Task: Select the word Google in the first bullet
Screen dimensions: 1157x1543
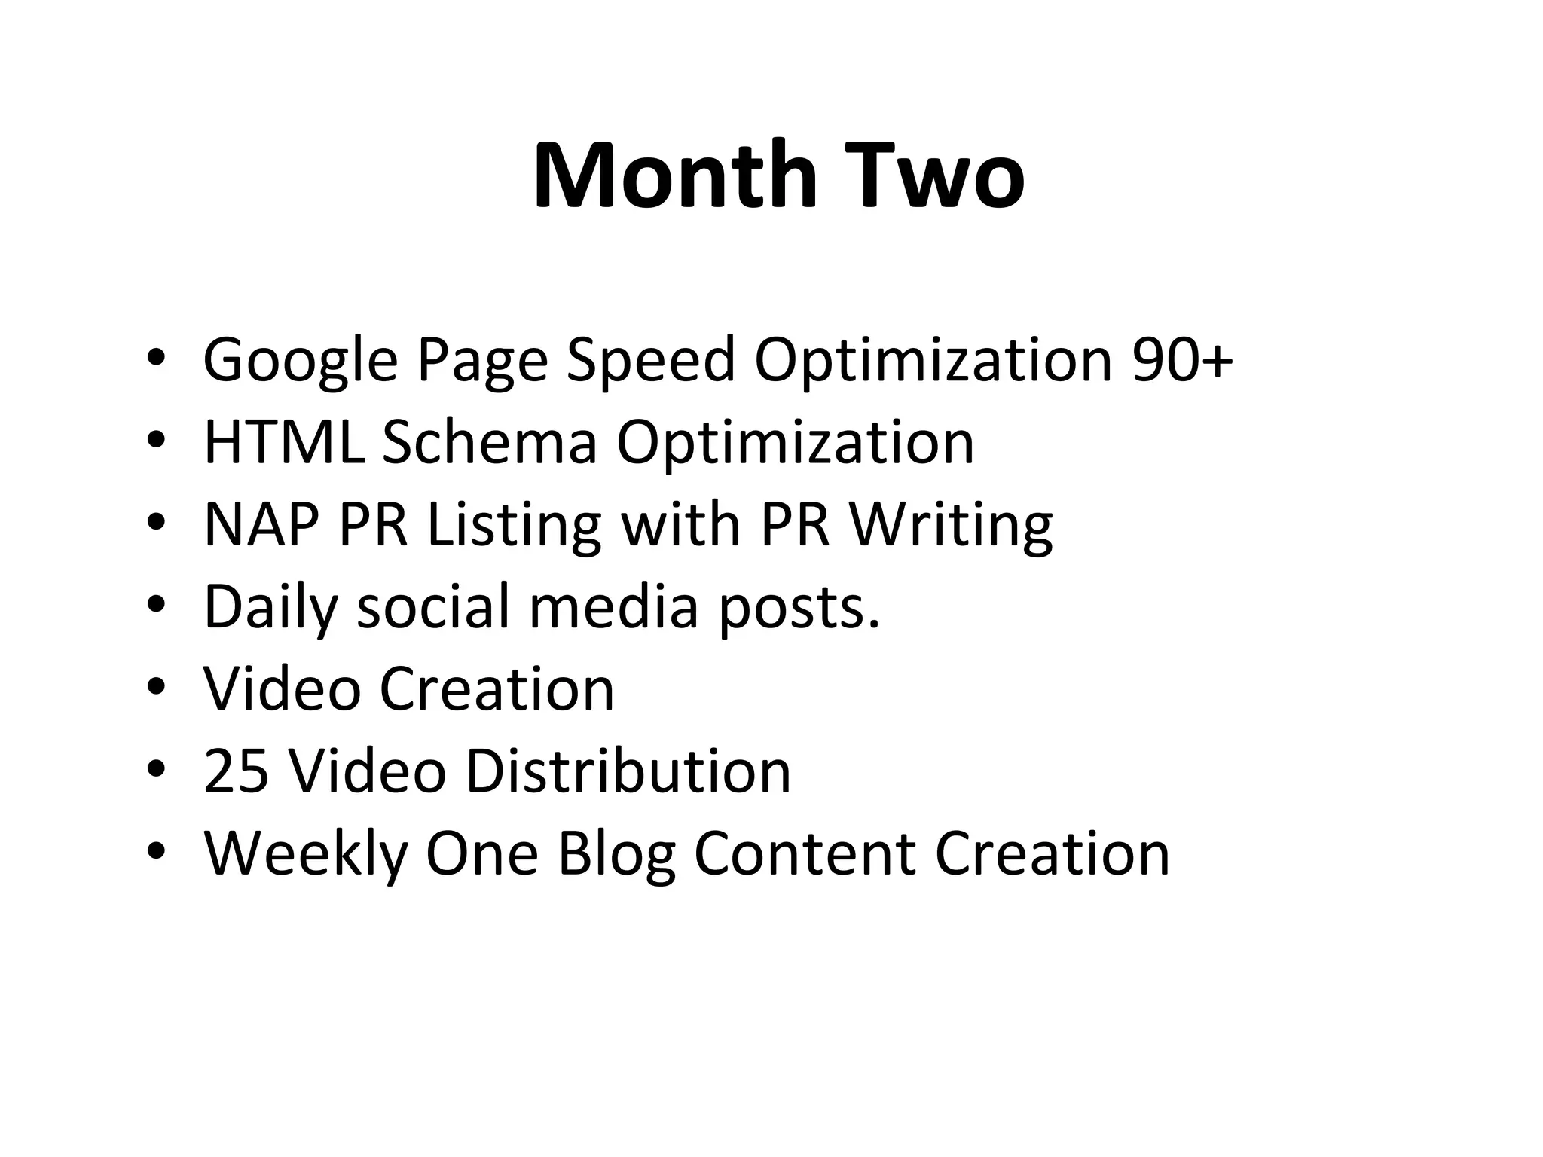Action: tap(300, 361)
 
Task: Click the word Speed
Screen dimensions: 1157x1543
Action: tap(650, 361)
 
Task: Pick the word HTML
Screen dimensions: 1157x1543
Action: tap(284, 442)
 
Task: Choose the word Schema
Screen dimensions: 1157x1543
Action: tap(490, 442)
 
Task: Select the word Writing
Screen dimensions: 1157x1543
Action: tap(951, 526)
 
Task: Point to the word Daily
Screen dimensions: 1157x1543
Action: tap(270, 608)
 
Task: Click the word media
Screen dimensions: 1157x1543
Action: tap(614, 606)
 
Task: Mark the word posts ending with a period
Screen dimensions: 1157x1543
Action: tap(799, 608)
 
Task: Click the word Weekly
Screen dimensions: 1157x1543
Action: tap(305, 854)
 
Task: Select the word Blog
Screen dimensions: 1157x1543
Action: tap(616, 854)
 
